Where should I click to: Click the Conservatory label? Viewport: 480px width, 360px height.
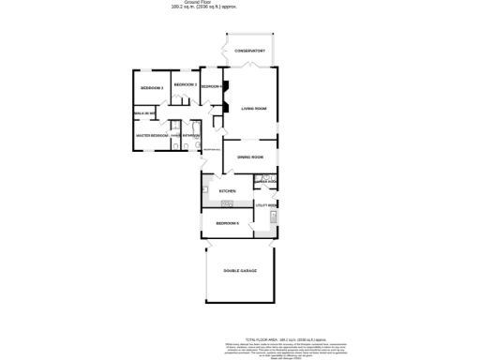point(250,51)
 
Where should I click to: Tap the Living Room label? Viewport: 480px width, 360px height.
point(254,109)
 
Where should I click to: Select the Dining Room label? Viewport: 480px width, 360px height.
point(249,157)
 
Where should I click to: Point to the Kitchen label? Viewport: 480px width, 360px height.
point(227,191)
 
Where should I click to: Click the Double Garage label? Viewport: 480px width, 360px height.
point(240,271)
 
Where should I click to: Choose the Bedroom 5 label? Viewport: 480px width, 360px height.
point(228,223)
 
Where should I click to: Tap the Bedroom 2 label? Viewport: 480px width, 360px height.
point(152,88)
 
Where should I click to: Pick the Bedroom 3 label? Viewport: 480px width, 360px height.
point(185,85)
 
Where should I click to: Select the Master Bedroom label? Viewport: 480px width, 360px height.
point(151,136)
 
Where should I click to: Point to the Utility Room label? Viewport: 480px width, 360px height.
point(266,204)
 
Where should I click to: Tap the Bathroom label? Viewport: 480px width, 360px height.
point(193,136)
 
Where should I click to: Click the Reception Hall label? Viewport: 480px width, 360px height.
point(211,152)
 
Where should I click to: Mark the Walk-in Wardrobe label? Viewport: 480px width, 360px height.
point(143,112)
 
